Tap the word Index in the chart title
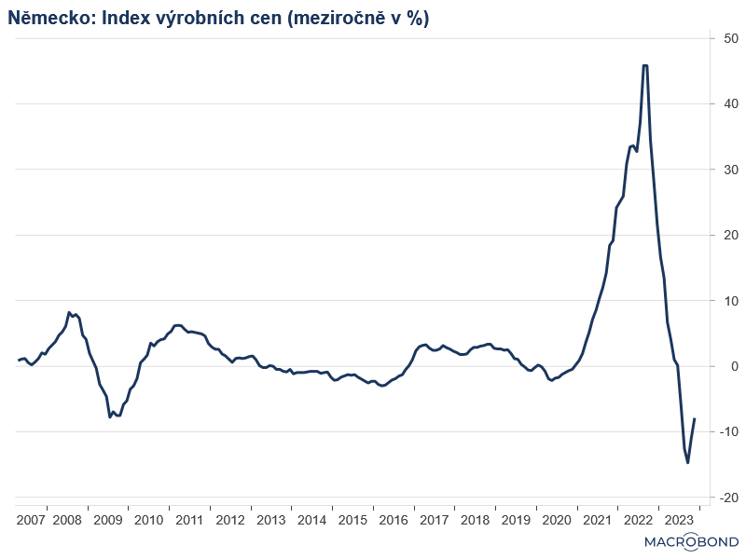click(x=121, y=19)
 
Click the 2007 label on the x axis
click(x=31, y=520)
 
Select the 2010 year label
click(x=148, y=520)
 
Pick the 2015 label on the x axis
click(x=352, y=520)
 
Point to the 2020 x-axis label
click(x=556, y=520)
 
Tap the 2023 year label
click(x=678, y=520)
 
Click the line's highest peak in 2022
click(x=645, y=65)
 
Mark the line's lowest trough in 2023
click(x=687, y=462)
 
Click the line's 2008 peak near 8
click(x=70, y=313)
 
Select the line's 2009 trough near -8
click(x=110, y=416)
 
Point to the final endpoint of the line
click(x=695, y=419)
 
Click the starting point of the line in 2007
click(x=19, y=360)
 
